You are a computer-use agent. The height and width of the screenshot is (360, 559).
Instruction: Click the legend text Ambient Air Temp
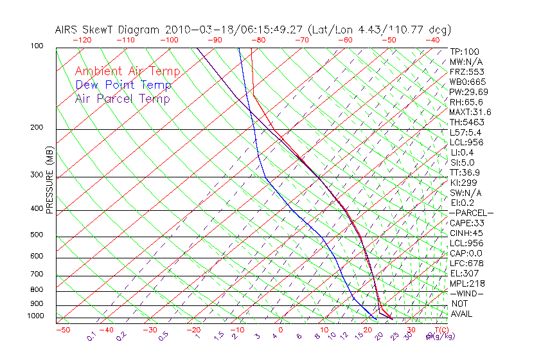pyautogui.click(x=127, y=71)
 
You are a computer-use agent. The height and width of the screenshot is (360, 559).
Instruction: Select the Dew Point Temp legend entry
pyautogui.click(x=123, y=85)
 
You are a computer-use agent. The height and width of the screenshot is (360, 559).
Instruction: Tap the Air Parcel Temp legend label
pyautogui.click(x=123, y=98)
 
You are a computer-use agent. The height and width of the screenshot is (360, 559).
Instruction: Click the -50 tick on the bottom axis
pyautogui.click(x=62, y=330)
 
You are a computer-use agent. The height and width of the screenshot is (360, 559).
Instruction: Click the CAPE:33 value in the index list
pyautogui.click(x=466, y=223)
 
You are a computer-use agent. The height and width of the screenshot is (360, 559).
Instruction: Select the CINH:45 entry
pyautogui.click(x=466, y=233)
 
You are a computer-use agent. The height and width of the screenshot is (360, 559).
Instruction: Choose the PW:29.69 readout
pyautogui.click(x=468, y=92)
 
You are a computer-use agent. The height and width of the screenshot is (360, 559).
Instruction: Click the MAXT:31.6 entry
pyautogui.click(x=470, y=112)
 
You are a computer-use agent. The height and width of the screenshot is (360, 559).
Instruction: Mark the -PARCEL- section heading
pyautogui.click(x=471, y=213)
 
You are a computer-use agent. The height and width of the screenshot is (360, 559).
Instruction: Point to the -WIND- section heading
pyautogui.click(x=467, y=293)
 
